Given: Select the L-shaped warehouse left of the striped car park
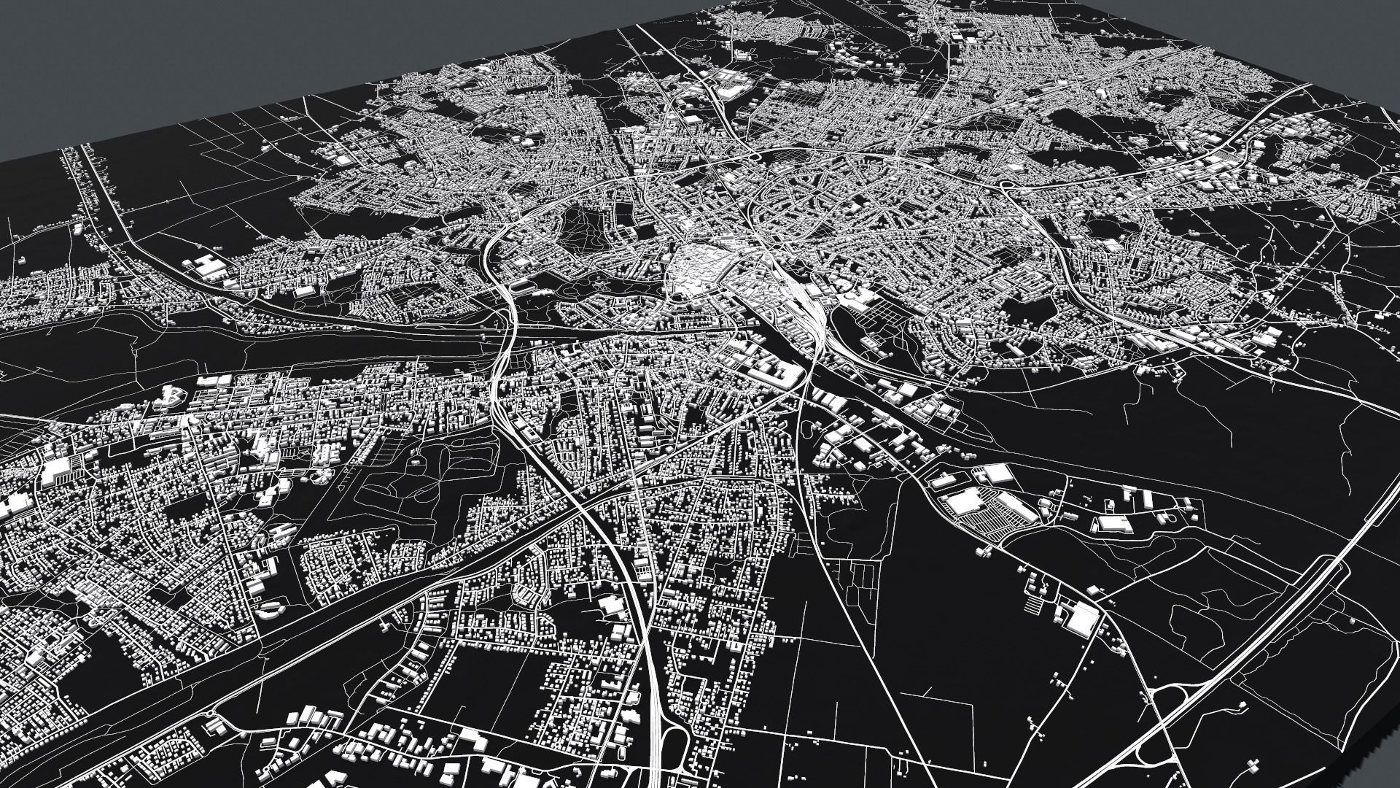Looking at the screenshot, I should (x=961, y=502).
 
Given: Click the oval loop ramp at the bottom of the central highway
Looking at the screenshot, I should (x=674, y=766).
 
